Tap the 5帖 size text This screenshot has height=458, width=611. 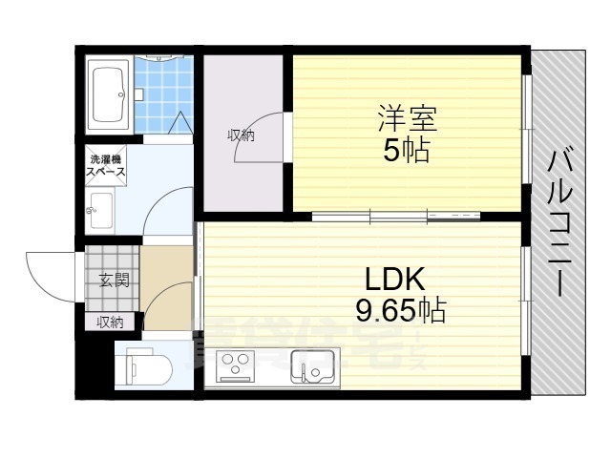tap(407, 151)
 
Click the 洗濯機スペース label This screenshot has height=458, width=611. tap(106, 167)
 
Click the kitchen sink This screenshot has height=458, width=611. tap(311, 366)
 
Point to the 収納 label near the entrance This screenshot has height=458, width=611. tap(109, 323)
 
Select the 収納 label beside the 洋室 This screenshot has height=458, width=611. tap(241, 135)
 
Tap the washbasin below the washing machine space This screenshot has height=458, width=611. tap(98, 211)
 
